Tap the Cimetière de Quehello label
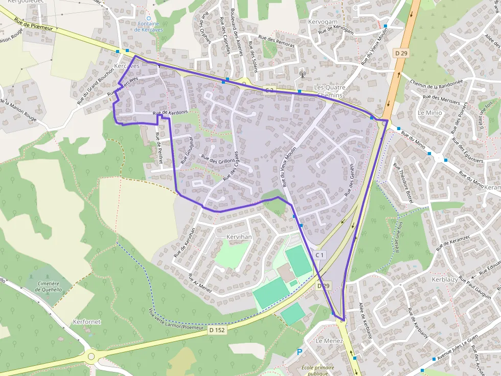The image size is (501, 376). click(x=49, y=286)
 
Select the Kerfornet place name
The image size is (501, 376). click(x=86, y=322)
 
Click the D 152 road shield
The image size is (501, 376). click(x=217, y=330)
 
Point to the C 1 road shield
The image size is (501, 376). click(x=320, y=255)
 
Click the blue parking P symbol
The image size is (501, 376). click(x=300, y=352)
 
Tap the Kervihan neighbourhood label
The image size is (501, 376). click(x=239, y=237)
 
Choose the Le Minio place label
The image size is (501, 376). click(x=429, y=112)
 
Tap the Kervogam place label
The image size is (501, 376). click(x=323, y=22)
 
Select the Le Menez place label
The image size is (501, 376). click(x=329, y=340)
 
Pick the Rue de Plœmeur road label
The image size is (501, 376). click(x=35, y=28)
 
